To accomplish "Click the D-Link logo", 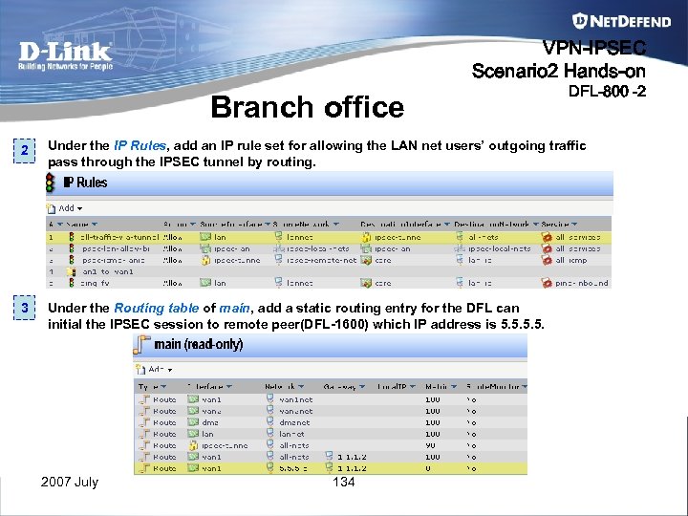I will click(66, 54).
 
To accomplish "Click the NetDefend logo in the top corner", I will click(609, 20).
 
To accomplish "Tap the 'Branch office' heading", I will click(307, 107).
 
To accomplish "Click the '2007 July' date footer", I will click(69, 483).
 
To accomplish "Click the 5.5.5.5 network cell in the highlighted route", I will click(292, 468).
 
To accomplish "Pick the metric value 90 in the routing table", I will click(432, 445).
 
